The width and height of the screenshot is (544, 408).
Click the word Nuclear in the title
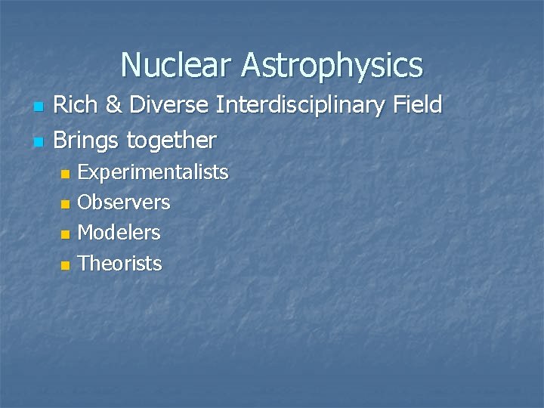177,65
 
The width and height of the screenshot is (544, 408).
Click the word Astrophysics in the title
332,66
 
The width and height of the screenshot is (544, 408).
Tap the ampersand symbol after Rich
113,107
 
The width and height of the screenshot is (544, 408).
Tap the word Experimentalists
153,173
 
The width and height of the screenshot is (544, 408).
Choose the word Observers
124,202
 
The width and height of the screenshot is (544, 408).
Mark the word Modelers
119,233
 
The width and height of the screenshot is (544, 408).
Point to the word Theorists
120,263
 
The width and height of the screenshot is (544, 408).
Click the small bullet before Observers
66,204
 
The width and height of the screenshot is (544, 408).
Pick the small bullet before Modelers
66,234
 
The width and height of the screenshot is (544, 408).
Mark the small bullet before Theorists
66,264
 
